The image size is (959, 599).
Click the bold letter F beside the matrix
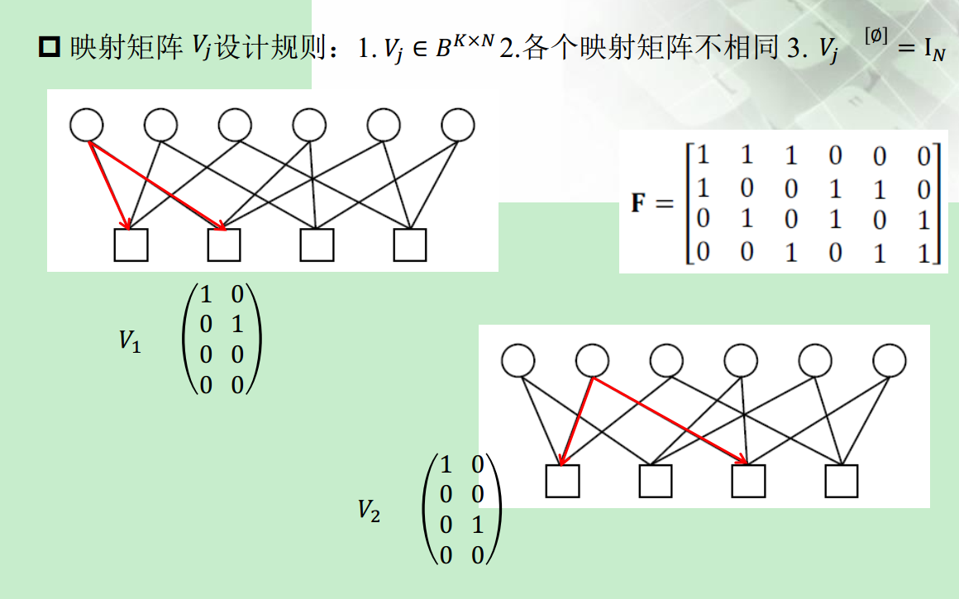click(x=639, y=202)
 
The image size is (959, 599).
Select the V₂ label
click(x=369, y=510)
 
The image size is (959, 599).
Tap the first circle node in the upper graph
click(x=87, y=126)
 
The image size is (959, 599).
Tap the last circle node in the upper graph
click(x=458, y=126)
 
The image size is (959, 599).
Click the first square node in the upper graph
click(x=131, y=245)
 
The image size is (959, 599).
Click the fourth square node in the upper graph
click(x=410, y=245)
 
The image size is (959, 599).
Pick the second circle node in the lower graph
click(x=592, y=360)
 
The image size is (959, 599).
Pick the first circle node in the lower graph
click(x=518, y=360)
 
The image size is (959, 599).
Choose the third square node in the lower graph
click(x=749, y=481)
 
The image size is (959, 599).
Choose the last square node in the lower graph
click(x=842, y=481)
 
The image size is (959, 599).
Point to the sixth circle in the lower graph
click(x=889, y=360)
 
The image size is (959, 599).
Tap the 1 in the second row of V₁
click(x=237, y=324)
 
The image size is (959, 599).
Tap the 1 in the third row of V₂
click(x=477, y=525)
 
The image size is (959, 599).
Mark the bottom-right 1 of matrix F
click(x=924, y=252)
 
